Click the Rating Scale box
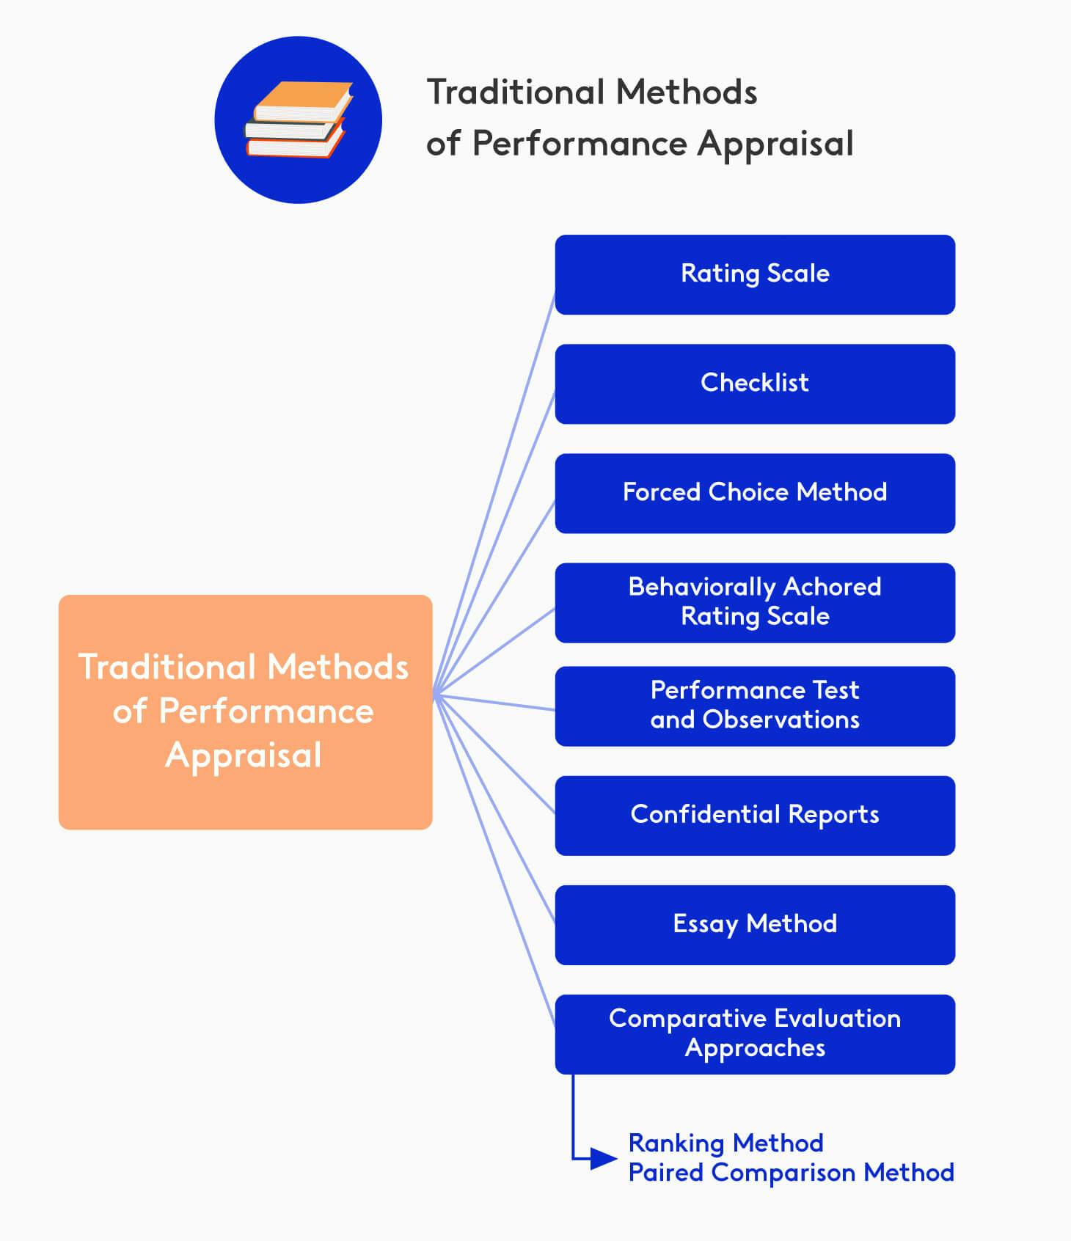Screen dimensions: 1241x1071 click(755, 274)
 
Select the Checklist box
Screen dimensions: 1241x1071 click(755, 384)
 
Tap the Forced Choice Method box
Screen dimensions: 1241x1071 click(755, 493)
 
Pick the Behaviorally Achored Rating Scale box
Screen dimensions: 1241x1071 click(755, 602)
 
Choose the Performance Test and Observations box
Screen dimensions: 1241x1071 click(755, 706)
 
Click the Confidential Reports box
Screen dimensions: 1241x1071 click(755, 815)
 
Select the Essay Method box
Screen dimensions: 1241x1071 click(755, 924)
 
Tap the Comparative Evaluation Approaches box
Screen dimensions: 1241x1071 click(755, 1033)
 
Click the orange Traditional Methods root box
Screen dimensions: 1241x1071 click(245, 711)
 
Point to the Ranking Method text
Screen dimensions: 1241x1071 click(725, 1143)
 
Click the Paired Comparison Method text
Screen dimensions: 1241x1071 click(791, 1172)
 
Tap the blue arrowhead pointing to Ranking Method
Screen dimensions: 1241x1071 click(604, 1159)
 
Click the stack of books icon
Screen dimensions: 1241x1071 click(298, 120)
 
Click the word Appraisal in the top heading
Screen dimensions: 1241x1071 click(775, 144)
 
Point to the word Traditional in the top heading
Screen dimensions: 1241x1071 click(515, 92)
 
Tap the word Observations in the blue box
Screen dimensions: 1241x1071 click(781, 720)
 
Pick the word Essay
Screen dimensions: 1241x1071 click(705, 924)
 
